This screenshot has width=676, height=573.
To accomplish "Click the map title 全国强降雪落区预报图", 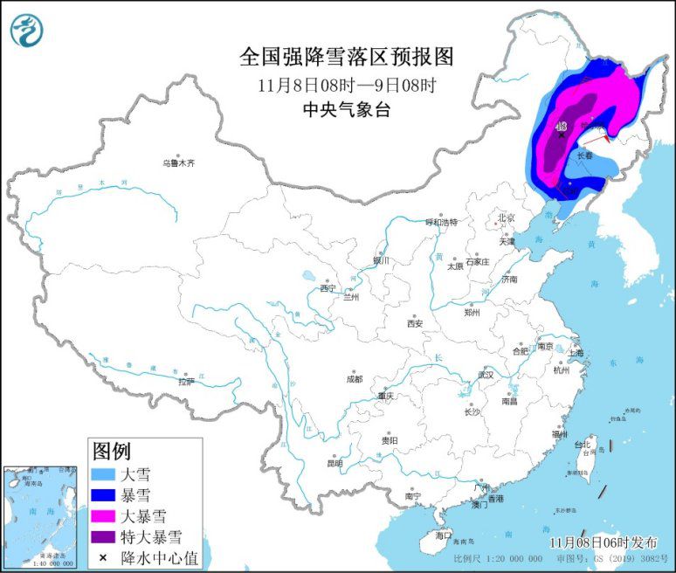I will (347, 57).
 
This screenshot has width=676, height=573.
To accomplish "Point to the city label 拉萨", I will (186, 382).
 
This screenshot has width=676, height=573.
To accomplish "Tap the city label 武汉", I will (485, 375).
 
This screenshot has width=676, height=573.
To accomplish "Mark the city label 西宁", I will (328, 287).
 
